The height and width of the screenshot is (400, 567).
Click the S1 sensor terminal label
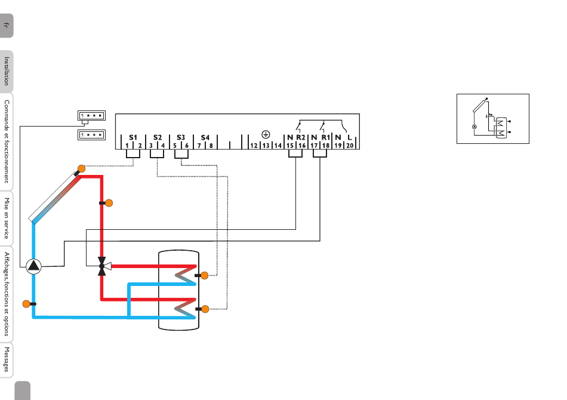click(133, 137)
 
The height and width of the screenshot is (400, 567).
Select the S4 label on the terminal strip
click(205, 137)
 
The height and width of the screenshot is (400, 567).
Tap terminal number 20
click(350, 146)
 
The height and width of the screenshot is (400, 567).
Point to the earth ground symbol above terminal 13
click(266, 134)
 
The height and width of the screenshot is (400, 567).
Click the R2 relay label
click(300, 137)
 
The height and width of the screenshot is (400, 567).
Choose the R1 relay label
click(325, 137)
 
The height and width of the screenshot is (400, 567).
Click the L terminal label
click(350, 137)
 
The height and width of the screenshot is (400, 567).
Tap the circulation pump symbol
click(33, 266)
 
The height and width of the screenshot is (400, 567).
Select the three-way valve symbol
click(103, 266)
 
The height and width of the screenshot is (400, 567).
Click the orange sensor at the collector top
click(81, 168)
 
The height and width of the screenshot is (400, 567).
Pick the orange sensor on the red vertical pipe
click(109, 203)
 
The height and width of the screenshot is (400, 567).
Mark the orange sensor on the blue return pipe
click(26, 304)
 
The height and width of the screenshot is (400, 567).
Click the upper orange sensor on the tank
click(204, 276)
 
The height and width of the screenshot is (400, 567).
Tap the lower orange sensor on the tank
click(205, 309)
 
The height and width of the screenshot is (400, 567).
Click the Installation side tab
click(7, 71)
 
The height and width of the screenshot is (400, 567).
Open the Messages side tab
click(7, 359)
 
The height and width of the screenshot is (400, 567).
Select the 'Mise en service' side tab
click(7, 218)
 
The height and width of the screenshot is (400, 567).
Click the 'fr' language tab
click(7, 25)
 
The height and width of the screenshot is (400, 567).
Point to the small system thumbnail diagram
click(493, 119)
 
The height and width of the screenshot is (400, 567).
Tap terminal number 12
click(254, 146)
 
